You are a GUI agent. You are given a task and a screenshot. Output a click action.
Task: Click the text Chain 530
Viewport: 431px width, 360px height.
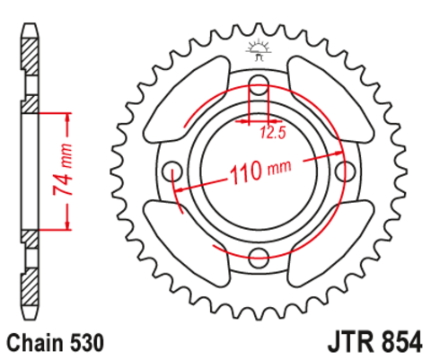pos(55,343)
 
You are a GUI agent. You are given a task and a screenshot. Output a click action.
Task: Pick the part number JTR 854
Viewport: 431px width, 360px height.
pos(369,343)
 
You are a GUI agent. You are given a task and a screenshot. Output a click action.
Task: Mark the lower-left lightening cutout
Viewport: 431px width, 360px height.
pos(189,244)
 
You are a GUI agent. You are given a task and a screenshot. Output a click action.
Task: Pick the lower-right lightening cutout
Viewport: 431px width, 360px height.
pos(327,244)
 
